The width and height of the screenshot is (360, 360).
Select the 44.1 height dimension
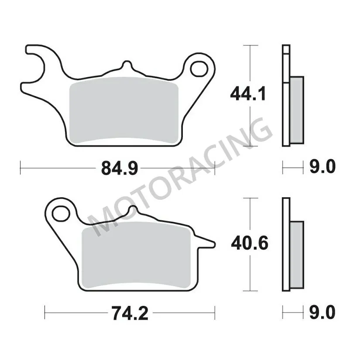point(247,93)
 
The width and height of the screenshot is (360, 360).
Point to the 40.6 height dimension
point(247,243)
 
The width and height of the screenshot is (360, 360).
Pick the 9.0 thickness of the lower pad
point(323,312)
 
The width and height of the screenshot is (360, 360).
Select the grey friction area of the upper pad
point(124,111)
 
